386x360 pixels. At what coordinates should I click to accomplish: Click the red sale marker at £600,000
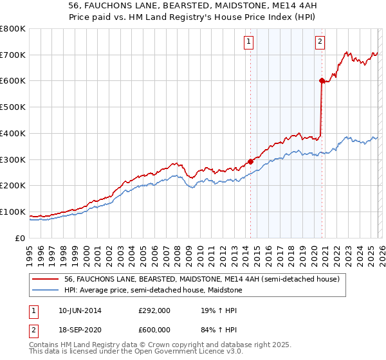(x=321, y=80)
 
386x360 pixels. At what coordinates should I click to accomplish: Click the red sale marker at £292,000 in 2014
(x=250, y=161)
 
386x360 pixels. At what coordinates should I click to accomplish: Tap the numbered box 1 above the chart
(x=248, y=42)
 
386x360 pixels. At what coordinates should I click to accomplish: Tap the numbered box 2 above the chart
(x=320, y=42)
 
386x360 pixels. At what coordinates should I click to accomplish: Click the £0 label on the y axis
(x=21, y=238)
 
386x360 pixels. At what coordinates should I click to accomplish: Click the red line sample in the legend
(x=46, y=279)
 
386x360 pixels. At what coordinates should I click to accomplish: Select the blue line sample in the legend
(x=46, y=291)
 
